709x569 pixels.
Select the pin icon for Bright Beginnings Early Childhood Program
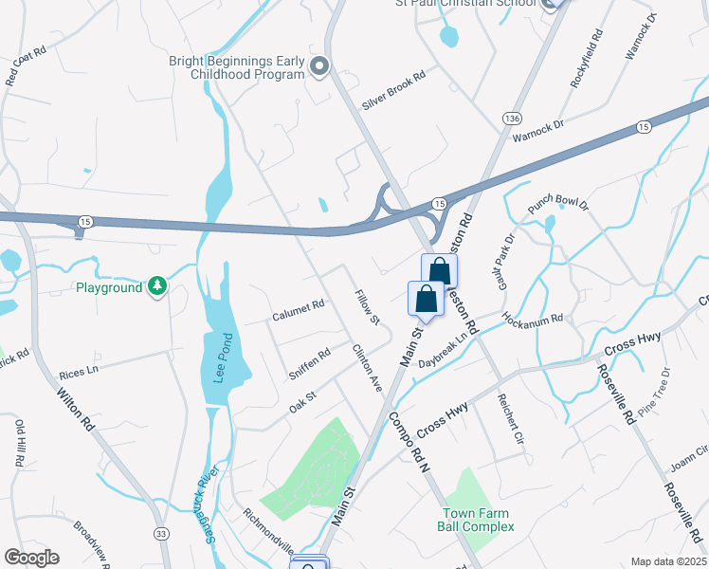[x=319, y=66]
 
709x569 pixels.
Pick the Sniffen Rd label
[x=310, y=361]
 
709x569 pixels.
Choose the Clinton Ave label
[x=367, y=368]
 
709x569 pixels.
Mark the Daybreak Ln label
[x=444, y=349]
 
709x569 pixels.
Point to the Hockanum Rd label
[x=533, y=322]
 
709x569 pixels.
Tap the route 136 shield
[x=512, y=118]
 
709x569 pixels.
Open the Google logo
[x=31, y=558]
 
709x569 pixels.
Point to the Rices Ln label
[x=79, y=374]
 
